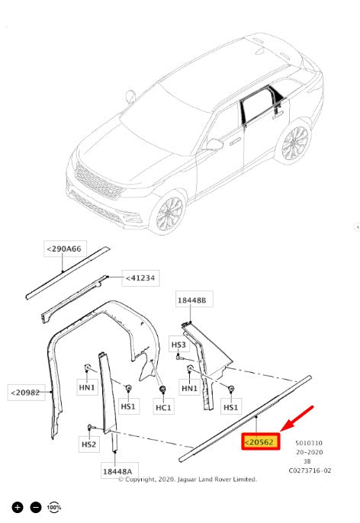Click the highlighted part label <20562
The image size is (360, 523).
(x=261, y=441)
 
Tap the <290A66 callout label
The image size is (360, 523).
(x=65, y=249)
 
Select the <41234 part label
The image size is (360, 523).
(x=140, y=278)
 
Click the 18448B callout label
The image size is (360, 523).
(x=192, y=300)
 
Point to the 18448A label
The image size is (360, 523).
(x=117, y=471)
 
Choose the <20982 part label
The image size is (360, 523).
(x=26, y=392)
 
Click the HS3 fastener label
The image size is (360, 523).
(x=178, y=345)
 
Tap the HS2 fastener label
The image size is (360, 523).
(x=88, y=444)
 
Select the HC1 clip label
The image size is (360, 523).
(x=163, y=407)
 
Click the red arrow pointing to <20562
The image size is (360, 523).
(x=297, y=419)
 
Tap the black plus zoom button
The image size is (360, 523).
(x=18, y=507)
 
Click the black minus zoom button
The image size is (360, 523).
(x=36, y=507)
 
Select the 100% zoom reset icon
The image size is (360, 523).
(x=53, y=507)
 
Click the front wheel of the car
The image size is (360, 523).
(x=170, y=213)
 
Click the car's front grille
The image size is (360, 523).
(x=98, y=181)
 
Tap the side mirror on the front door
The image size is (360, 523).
(x=214, y=145)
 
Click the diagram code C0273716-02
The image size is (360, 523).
(x=310, y=470)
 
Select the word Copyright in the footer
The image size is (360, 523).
(x=140, y=480)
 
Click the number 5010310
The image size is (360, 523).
(x=309, y=443)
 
